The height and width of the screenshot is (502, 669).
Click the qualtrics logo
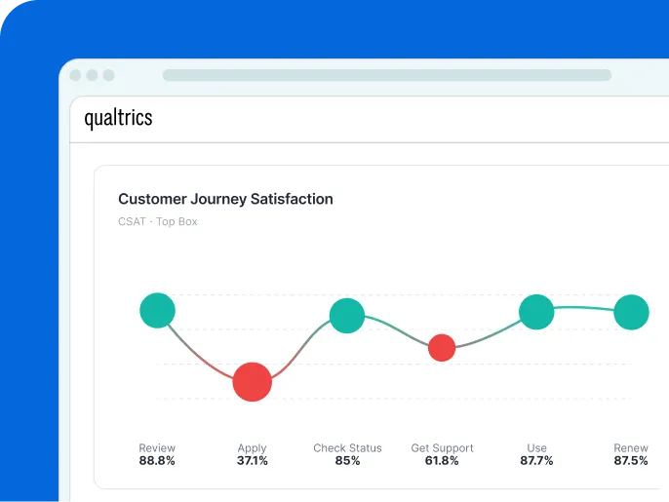coord(118,119)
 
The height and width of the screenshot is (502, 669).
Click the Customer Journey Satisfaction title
coord(225,199)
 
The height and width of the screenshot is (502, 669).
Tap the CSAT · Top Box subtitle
coord(157,222)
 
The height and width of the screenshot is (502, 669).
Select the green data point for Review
coord(157,311)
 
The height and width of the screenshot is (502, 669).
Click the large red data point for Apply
coord(253,381)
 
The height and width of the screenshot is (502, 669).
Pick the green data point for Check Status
coord(347,316)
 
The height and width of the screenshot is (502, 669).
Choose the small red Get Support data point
coord(442,347)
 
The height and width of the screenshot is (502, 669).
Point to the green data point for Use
coord(536,312)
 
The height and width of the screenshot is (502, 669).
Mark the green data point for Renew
coord(631,312)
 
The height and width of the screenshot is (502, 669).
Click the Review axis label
coord(157,448)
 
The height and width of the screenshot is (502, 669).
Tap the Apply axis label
coord(252,448)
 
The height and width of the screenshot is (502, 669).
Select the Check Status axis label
coord(347,448)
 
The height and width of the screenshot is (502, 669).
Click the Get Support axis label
coord(442,448)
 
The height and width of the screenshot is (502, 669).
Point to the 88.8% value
coord(157,461)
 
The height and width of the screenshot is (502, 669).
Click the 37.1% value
coord(252,461)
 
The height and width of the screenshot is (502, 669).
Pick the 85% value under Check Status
coord(347,461)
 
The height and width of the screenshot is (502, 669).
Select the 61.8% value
coord(442,461)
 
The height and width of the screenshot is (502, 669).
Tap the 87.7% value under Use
coord(536,461)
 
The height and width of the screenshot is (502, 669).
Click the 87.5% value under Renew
coord(631,461)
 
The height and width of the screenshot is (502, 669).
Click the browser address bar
coord(386,75)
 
